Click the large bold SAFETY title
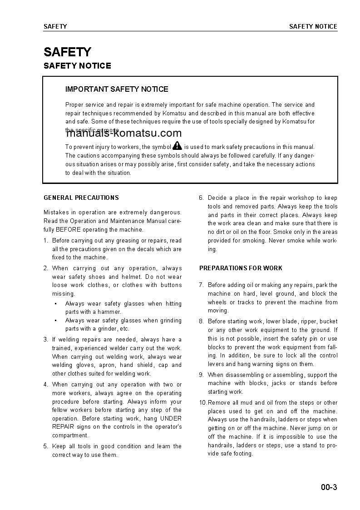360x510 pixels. click(x=67, y=52)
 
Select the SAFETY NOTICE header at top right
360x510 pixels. click(x=313, y=26)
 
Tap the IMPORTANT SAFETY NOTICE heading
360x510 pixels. click(x=117, y=89)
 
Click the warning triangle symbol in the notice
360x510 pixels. click(x=177, y=146)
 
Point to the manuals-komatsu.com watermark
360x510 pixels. click(x=124, y=133)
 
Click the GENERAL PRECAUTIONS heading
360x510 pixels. click(x=81, y=198)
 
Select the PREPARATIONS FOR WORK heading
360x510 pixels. click(x=241, y=268)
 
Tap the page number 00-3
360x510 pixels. click(x=329, y=488)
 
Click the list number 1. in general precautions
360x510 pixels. click(x=46, y=241)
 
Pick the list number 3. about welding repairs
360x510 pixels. click(x=46, y=339)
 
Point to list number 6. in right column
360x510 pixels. click(x=202, y=198)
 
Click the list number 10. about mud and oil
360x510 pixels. click(x=203, y=402)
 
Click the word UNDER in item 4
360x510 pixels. click(x=171, y=418)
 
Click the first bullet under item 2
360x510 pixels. click(x=55, y=303)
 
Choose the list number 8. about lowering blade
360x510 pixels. click(x=202, y=321)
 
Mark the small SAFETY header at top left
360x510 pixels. click(x=55, y=26)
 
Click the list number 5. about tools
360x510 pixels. click(x=46, y=446)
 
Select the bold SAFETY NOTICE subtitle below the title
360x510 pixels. click(x=77, y=66)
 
